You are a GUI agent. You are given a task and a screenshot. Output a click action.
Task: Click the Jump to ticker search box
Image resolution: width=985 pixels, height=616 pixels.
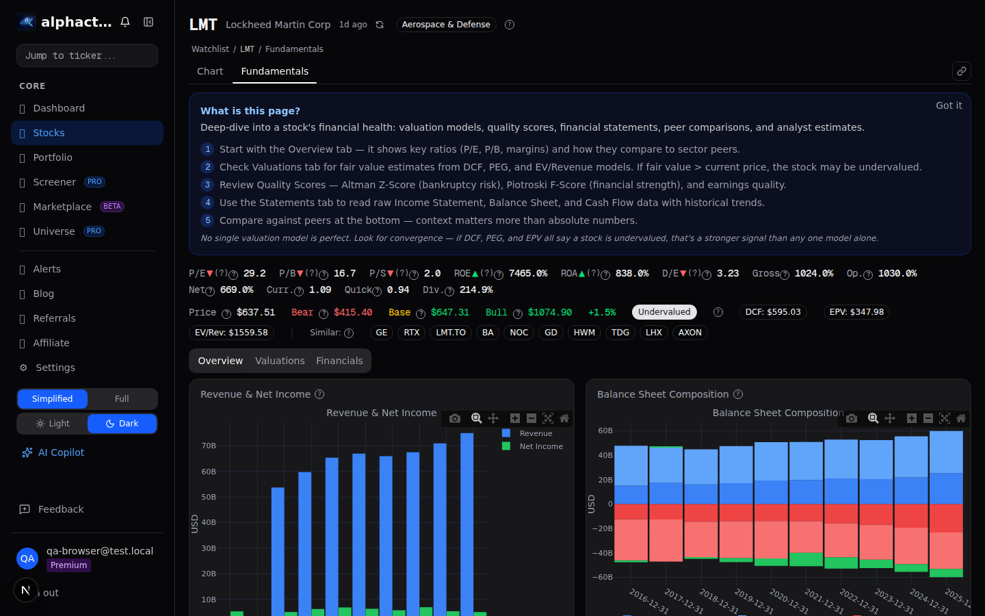87,55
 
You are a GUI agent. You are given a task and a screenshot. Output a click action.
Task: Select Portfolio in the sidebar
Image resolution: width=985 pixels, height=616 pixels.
53,157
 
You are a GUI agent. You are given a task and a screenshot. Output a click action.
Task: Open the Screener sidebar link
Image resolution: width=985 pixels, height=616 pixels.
54,182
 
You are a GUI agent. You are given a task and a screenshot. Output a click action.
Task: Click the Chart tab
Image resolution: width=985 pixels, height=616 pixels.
210,71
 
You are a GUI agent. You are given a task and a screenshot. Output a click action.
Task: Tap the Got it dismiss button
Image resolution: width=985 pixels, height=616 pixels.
948,105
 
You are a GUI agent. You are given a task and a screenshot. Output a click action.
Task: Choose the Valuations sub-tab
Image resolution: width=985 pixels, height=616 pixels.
280,361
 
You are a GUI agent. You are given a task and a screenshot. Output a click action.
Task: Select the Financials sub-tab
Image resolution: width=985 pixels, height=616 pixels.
339,361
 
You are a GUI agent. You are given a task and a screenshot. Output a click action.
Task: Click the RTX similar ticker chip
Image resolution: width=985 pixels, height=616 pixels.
411,333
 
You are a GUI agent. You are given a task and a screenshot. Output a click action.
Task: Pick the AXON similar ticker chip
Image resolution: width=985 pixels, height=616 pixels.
689,333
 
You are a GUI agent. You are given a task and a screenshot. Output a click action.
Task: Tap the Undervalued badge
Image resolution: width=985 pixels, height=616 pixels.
664,312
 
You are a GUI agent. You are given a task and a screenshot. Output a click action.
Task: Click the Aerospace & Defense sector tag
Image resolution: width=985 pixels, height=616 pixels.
446,25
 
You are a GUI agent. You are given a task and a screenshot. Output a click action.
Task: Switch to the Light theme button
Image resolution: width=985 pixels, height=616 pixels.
53,424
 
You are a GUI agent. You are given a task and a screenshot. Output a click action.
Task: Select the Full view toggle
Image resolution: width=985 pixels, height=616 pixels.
122,399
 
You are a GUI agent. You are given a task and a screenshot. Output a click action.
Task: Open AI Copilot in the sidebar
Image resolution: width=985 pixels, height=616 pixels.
61,452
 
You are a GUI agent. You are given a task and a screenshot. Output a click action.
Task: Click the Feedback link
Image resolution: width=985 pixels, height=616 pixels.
60,509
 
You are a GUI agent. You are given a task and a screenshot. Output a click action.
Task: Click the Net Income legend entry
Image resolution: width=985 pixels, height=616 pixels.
540,446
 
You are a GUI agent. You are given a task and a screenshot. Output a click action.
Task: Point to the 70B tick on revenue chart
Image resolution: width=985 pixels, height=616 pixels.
209,446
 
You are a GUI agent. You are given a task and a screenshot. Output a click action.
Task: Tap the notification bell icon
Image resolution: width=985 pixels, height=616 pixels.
125,22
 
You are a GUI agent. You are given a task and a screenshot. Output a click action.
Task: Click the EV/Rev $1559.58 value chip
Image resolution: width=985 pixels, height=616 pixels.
231,333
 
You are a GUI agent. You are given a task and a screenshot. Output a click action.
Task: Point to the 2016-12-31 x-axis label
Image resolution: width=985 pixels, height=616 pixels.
648,601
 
